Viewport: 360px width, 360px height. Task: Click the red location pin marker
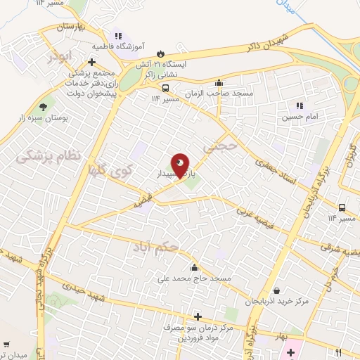click(181, 165)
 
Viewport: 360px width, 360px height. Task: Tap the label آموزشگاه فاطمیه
click(119, 46)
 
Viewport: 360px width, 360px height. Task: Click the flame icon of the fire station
click(161, 53)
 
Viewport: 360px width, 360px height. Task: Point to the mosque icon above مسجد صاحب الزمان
click(219, 82)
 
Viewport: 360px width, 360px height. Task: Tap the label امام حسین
click(300, 117)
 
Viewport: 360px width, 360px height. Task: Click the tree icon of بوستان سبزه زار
click(44, 107)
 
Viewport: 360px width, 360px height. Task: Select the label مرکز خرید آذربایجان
click(277, 302)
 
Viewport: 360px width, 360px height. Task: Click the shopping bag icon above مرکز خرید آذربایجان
click(277, 290)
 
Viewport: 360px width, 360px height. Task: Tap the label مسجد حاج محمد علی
click(195, 278)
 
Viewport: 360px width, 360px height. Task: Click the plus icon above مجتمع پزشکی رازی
click(92, 62)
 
